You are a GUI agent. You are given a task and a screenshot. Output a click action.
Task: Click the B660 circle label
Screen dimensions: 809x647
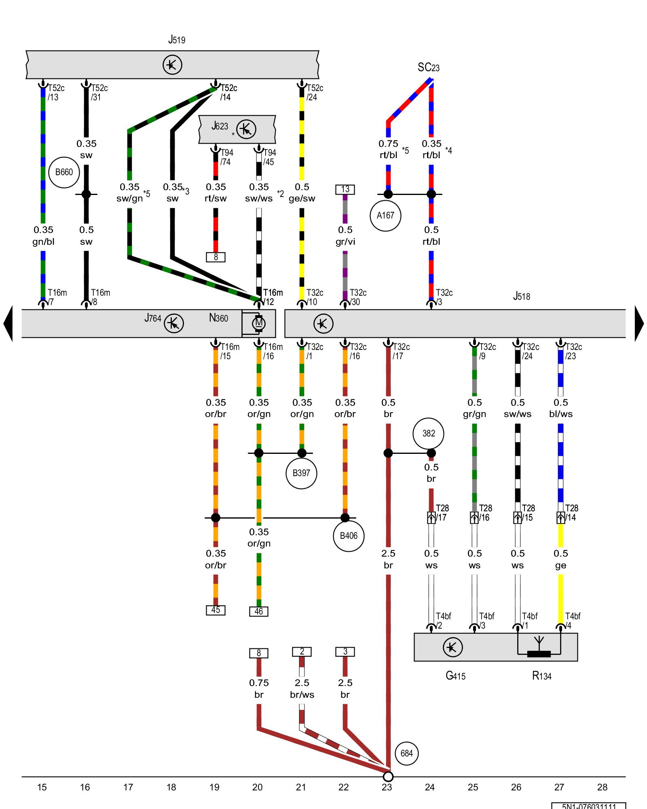click(x=64, y=172)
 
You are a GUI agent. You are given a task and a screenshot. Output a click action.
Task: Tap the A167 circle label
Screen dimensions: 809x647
click(x=385, y=216)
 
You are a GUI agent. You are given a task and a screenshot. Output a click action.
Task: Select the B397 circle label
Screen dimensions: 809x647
click(x=301, y=473)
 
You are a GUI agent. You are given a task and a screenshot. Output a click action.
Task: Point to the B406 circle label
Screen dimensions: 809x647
click(x=349, y=536)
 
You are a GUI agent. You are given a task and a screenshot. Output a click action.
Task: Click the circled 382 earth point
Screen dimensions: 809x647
click(x=429, y=434)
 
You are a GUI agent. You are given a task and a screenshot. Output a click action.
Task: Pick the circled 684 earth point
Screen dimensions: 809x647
click(x=406, y=753)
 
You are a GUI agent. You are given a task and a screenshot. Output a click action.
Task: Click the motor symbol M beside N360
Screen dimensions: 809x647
click(x=258, y=324)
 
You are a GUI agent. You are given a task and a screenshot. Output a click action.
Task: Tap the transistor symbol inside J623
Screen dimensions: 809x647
click(x=246, y=129)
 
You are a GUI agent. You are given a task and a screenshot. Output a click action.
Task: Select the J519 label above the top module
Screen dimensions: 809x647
click(x=177, y=40)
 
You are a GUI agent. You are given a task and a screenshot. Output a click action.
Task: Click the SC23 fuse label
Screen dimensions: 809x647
click(x=428, y=67)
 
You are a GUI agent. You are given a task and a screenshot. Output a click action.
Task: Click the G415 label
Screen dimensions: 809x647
click(x=455, y=676)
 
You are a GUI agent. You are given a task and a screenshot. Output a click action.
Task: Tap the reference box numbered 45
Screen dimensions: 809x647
click(x=216, y=610)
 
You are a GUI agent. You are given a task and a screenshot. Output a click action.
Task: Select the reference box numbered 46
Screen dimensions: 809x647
click(x=259, y=611)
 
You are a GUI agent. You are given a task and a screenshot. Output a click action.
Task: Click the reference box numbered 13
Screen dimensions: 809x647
click(x=345, y=189)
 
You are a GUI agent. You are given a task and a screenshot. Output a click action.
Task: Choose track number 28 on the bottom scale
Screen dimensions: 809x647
click(x=602, y=787)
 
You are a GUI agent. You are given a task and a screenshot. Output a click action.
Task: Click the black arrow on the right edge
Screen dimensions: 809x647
click(x=639, y=324)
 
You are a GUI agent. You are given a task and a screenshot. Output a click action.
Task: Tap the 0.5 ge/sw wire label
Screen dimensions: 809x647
click(x=302, y=193)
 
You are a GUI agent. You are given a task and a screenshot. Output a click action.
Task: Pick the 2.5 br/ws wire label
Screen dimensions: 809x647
click(x=302, y=688)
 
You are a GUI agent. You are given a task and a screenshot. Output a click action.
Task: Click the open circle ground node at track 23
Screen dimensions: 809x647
click(x=388, y=777)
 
